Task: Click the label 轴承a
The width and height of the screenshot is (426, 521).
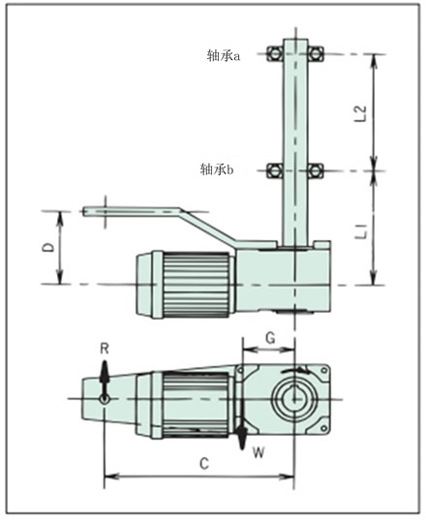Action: point(224,56)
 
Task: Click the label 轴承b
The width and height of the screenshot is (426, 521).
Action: point(217,169)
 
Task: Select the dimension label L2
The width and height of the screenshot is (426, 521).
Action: point(361,113)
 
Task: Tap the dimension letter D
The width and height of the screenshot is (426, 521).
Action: point(49,248)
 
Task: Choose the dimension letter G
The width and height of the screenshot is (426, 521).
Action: point(270,338)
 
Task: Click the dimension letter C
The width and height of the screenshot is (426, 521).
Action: point(204,464)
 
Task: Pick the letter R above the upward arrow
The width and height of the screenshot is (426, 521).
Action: point(105,349)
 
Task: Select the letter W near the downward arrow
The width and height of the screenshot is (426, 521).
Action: point(259,452)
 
